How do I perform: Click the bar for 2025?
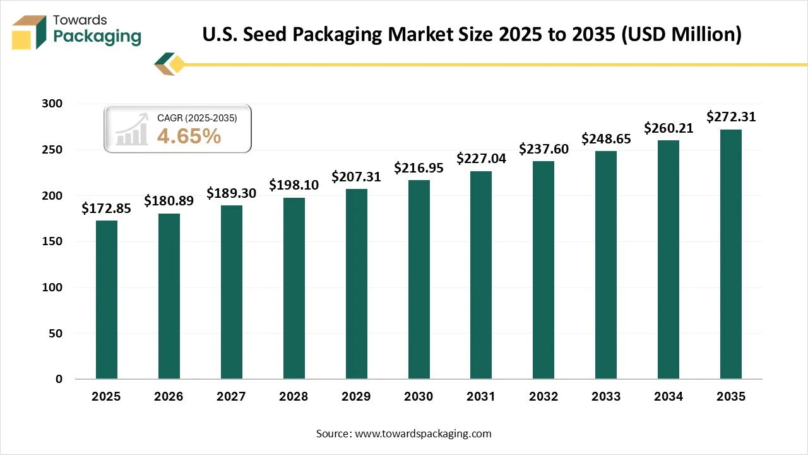107,300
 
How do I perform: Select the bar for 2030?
419,279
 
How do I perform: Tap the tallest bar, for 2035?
731,254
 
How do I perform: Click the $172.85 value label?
107,209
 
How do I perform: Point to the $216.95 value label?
419,168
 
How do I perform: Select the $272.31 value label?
731,117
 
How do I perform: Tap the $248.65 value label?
606,138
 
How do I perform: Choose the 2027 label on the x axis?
232,397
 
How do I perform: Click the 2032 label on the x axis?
544,397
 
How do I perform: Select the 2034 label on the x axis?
668,397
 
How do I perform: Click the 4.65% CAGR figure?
189,136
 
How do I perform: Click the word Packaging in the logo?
97,37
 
